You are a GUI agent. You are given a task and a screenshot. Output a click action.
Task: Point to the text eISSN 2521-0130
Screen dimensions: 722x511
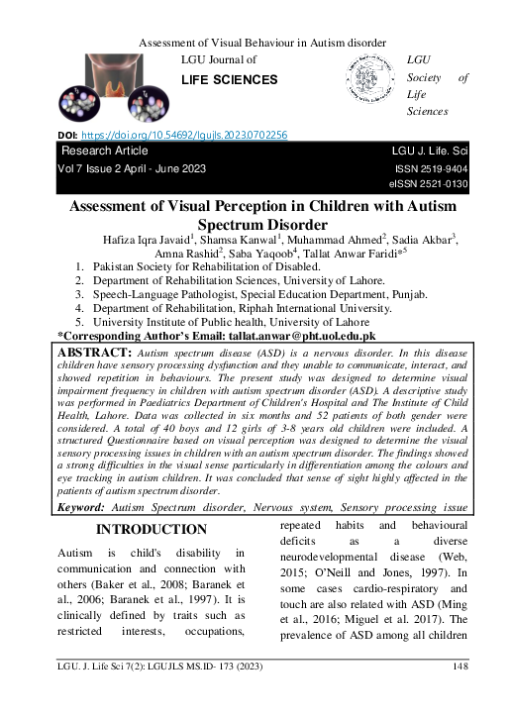coord(427,183)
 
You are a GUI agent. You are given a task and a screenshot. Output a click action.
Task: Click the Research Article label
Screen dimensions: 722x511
coord(105,151)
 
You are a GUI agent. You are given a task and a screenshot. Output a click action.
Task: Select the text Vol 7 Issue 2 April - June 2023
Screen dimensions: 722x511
coord(134,169)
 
